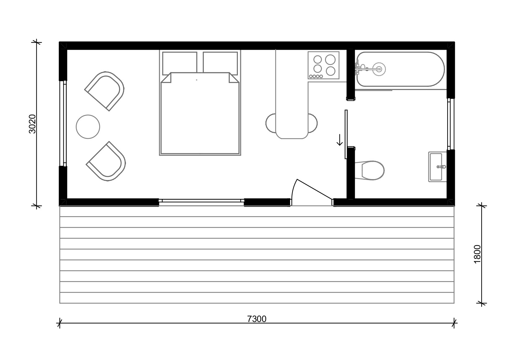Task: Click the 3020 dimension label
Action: coord(32,124)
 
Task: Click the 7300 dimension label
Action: coord(257,319)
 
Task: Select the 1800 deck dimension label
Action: coord(477,254)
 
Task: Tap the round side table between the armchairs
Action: coord(88,127)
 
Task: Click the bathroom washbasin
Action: coord(437,167)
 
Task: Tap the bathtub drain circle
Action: coord(379,69)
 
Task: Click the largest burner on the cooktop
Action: coord(330,60)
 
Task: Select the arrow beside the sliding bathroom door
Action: coord(340,140)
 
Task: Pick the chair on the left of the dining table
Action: coord(271,123)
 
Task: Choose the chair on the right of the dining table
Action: coord(313,123)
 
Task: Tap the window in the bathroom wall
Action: coord(451,124)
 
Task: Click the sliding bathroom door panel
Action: coord(346,134)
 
